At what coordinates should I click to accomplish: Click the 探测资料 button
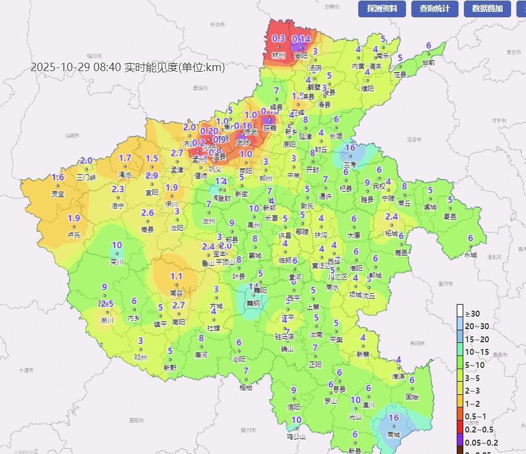pyautogui.click(x=382, y=8)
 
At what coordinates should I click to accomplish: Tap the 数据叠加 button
pyautogui.click(x=487, y=8)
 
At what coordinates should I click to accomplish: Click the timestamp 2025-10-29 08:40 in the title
pyautogui.click(x=76, y=68)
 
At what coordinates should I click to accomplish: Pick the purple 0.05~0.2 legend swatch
pyautogui.click(x=460, y=443)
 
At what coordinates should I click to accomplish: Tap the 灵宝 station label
pyautogui.click(x=58, y=194)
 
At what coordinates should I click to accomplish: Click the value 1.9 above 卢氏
pyautogui.click(x=74, y=218)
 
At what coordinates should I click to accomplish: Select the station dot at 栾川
pyautogui.click(x=117, y=254)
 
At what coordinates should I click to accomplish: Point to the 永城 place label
pyautogui.click(x=471, y=255)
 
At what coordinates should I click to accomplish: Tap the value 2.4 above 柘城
pyautogui.click(x=392, y=216)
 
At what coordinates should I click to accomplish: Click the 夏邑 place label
pyautogui.click(x=450, y=217)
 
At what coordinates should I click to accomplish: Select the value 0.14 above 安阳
pyautogui.click(x=302, y=39)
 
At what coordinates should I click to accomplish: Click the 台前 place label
pyautogui.click(x=429, y=62)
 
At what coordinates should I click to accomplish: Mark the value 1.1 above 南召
pyautogui.click(x=176, y=276)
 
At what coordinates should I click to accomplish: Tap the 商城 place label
pyautogui.click(x=393, y=435)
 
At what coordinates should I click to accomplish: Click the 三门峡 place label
pyautogui.click(x=86, y=177)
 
